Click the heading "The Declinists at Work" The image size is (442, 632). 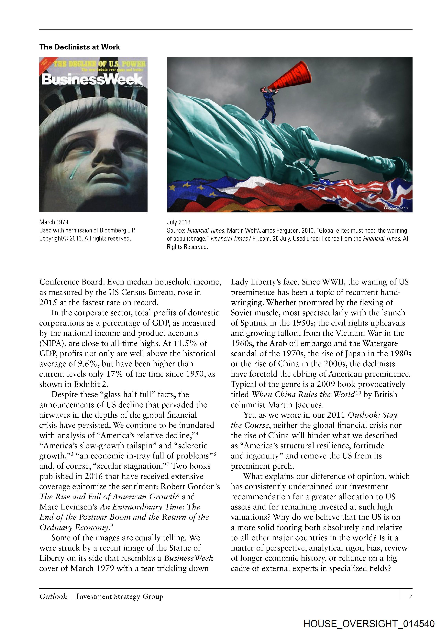tap(79, 47)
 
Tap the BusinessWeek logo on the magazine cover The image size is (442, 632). tap(92, 80)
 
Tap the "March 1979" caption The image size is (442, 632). tap(54, 222)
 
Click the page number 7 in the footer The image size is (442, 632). tap(410, 596)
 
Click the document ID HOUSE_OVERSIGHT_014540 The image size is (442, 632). tap(369, 624)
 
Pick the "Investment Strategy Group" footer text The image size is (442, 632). tap(120, 596)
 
